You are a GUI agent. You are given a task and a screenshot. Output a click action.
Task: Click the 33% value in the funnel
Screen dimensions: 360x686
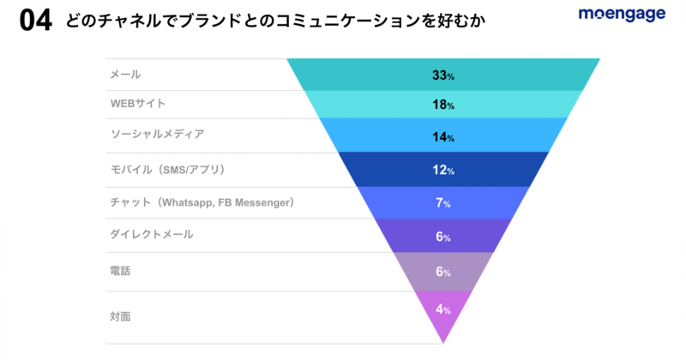(x=442, y=76)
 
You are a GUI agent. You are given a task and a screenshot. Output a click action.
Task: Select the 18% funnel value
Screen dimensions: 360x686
(x=442, y=105)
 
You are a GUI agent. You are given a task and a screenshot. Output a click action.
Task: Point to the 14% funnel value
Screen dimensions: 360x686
(x=442, y=137)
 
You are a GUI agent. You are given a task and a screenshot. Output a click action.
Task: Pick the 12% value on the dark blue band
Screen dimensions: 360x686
(x=442, y=170)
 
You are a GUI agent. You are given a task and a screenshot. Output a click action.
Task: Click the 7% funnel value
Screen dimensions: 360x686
(x=442, y=203)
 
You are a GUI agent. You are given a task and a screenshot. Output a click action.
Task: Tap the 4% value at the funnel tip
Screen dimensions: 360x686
(x=442, y=309)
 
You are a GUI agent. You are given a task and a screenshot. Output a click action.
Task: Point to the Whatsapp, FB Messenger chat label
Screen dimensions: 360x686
(x=202, y=202)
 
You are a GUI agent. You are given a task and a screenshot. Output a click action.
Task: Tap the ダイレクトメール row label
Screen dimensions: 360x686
(x=152, y=234)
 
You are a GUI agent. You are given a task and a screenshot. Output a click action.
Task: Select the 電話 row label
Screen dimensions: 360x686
(x=120, y=271)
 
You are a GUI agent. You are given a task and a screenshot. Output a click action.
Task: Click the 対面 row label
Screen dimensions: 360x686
(x=120, y=316)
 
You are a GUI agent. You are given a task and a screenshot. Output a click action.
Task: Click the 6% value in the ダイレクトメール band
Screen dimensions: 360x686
(x=442, y=237)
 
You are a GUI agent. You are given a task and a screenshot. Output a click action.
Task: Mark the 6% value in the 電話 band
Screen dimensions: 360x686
(x=442, y=272)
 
